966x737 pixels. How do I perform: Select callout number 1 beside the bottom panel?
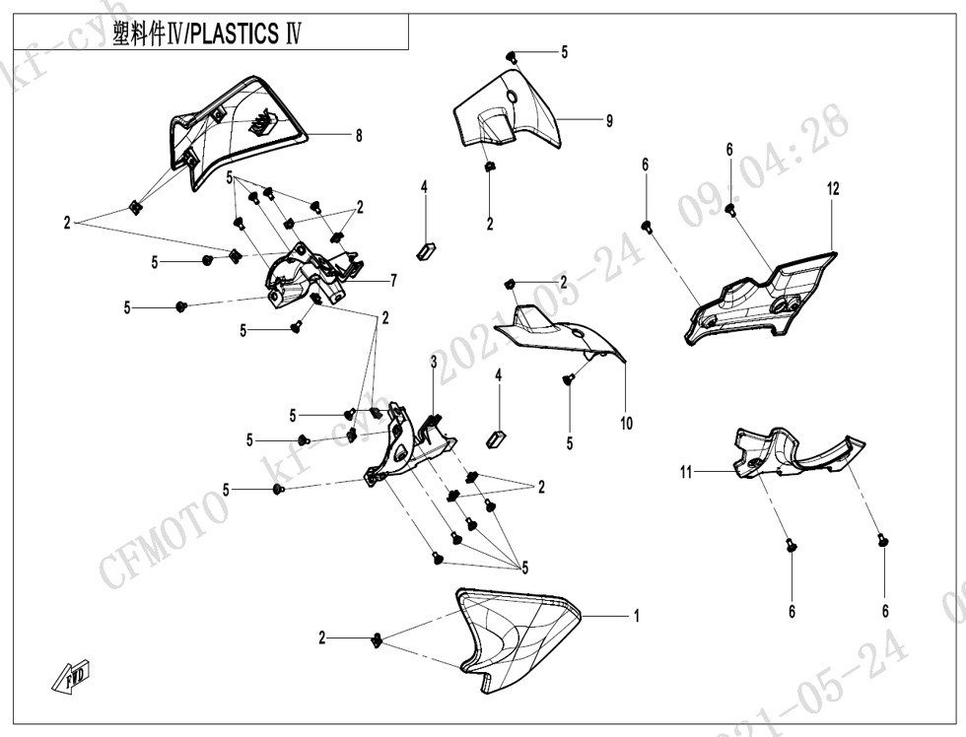tap(637, 616)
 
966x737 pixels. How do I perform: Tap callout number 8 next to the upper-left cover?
tap(359, 136)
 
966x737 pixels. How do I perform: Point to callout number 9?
tap(609, 120)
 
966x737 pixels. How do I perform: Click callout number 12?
tap(833, 189)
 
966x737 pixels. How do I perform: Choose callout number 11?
tap(685, 473)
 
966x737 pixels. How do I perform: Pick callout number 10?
tap(626, 424)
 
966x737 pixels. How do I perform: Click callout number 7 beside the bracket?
tap(393, 281)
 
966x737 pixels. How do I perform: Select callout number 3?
tap(433, 364)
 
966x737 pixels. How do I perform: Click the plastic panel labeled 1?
tap(513, 636)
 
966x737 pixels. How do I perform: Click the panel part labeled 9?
tap(508, 108)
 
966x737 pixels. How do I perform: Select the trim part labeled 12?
tap(764, 296)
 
